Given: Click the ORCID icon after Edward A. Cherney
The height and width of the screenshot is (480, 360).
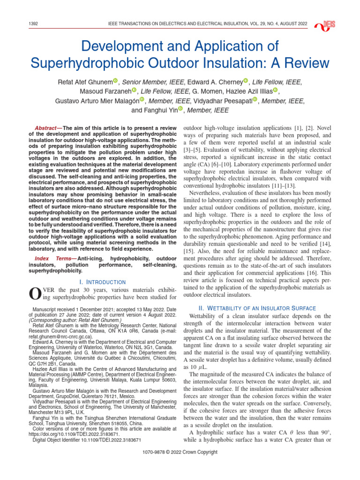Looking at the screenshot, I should click(246, 82).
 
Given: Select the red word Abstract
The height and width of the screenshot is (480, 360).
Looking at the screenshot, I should click(46, 128).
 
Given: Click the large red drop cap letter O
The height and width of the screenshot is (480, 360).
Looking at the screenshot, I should click(34, 294).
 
